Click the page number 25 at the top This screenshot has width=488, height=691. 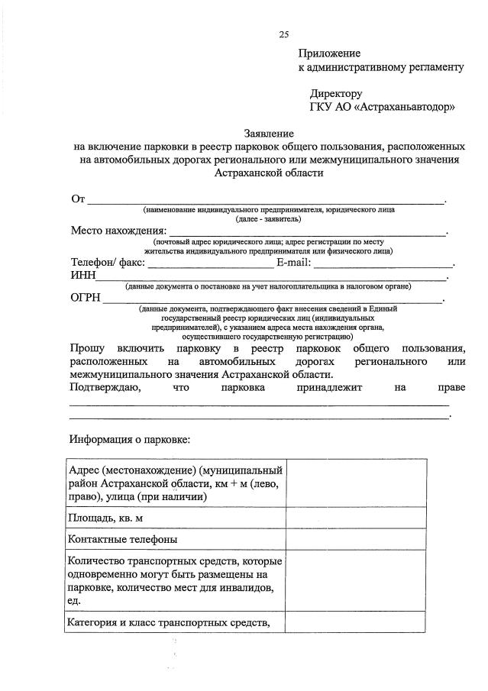[284, 34]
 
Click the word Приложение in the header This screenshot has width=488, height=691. [328, 53]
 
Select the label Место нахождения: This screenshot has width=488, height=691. [118, 231]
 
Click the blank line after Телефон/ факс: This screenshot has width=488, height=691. [210, 264]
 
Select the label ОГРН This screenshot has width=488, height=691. [86, 299]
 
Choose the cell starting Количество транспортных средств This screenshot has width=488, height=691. [176, 581]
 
